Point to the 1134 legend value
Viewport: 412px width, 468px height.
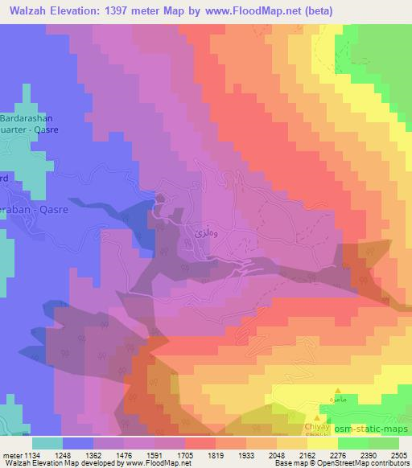[32, 455]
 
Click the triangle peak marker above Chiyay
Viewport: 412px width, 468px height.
[319, 417]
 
